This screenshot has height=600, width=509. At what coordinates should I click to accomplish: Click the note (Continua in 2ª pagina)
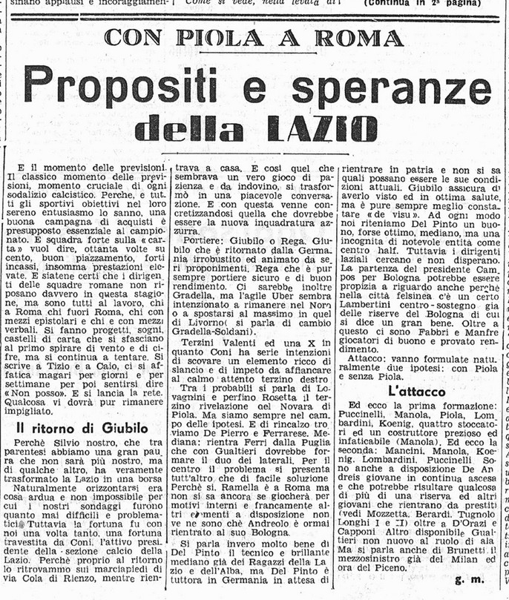(419, 3)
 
